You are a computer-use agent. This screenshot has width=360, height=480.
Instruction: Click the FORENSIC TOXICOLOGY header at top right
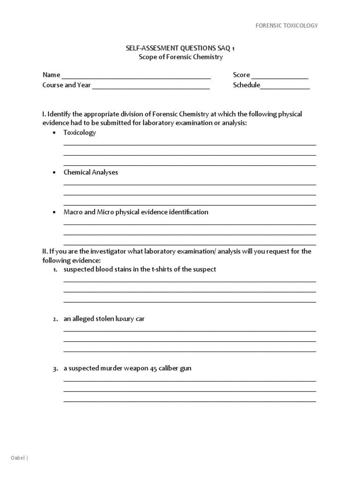coord(286,25)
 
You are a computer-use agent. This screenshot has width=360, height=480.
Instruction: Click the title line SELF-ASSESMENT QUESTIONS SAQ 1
coord(180,48)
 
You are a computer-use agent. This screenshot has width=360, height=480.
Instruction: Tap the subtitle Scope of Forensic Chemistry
coord(180,57)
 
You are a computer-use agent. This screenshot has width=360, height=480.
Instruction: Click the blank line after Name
coord(136,76)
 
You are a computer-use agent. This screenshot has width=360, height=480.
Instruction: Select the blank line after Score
coord(280,76)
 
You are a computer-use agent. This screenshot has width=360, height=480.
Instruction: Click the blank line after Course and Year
coord(150,86)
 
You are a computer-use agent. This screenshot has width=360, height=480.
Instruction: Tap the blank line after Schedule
coord(285,86)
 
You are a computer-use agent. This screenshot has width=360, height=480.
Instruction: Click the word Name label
coord(51,75)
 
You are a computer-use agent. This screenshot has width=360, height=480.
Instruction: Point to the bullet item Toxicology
coord(80,133)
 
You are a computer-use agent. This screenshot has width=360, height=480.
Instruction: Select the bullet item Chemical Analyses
coord(90,172)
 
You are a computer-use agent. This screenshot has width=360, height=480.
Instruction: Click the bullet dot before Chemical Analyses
coord(54,173)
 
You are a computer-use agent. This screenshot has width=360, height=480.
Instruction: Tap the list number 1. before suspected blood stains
coord(55,270)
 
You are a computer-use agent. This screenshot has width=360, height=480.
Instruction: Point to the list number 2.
coord(55,319)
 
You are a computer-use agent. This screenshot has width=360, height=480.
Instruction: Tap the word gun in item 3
coord(186,369)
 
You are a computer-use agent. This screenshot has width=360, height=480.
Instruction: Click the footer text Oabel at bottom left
coord(18,457)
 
